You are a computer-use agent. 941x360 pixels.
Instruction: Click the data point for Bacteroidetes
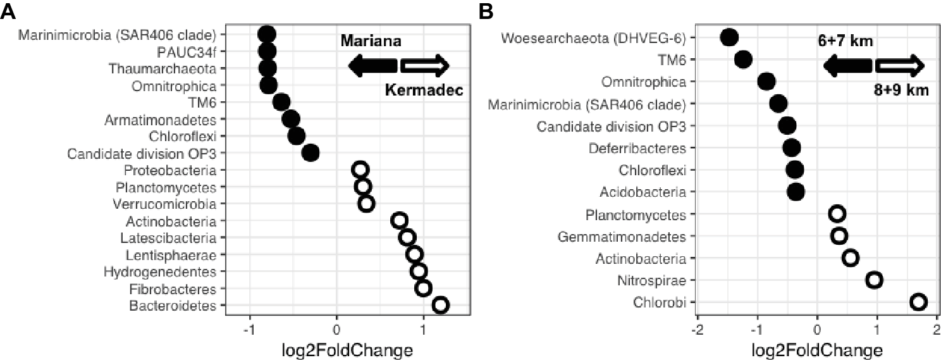[441, 305]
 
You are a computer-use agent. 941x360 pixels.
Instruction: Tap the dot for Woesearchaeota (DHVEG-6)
[729, 37]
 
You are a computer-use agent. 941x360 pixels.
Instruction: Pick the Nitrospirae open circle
[875, 280]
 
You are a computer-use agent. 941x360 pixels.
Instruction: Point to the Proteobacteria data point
[360, 170]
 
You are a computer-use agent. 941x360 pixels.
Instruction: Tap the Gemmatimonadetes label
[622, 237]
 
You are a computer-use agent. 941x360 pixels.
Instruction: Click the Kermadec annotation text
[424, 90]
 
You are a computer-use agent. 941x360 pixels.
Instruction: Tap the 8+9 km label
[901, 90]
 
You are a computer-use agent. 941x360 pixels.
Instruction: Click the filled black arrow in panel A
[373, 65]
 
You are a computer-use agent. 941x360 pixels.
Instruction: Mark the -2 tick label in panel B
[696, 330]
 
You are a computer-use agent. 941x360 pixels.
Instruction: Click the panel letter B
[486, 11]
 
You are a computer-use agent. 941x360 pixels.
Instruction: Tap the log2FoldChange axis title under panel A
[346, 349]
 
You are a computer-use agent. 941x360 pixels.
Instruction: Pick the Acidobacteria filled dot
[796, 191]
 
